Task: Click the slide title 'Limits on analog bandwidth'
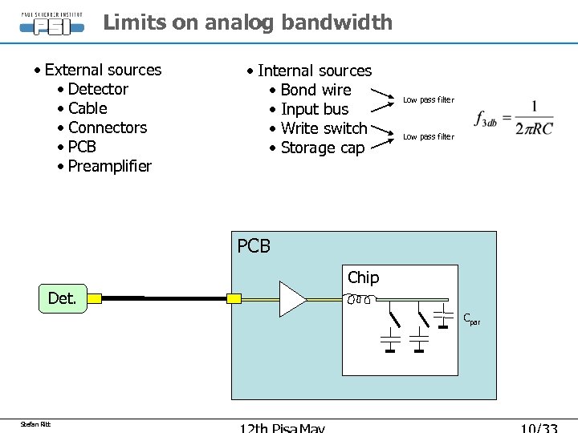[x=247, y=22]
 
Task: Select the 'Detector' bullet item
[x=98, y=89]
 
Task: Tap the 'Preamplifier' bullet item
[x=109, y=166]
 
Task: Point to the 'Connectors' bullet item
[x=108, y=127]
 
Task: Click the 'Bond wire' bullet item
[x=315, y=90]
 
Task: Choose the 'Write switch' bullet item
[x=324, y=128]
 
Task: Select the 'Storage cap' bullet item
[x=322, y=148]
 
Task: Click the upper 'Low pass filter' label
[x=428, y=100]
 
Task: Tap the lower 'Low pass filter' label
[x=428, y=137]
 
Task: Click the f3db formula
[x=514, y=119]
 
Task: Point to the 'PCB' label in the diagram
[x=254, y=246]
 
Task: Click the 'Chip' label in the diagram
[x=363, y=277]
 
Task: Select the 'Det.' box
[x=62, y=299]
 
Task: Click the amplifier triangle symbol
[x=291, y=299]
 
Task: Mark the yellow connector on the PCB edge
[x=234, y=299]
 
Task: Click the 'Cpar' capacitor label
[x=471, y=319]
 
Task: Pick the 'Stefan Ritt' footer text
[x=36, y=424]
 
